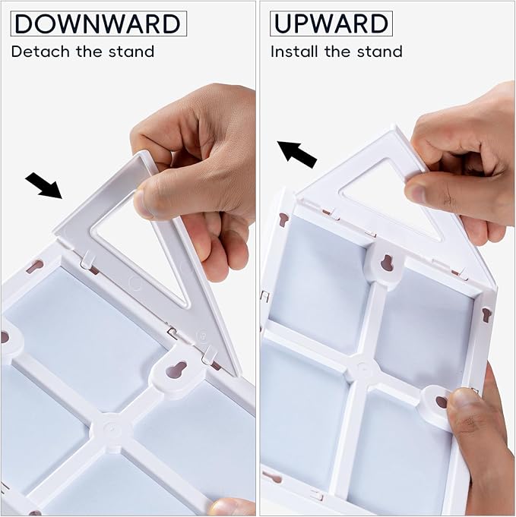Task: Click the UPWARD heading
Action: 331,24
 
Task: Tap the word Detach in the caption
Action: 40,52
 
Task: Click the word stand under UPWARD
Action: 379,52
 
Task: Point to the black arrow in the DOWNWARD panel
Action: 43,184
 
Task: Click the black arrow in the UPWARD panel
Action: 296,154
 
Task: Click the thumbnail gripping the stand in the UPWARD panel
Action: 416,190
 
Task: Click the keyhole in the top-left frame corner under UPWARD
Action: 284,220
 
